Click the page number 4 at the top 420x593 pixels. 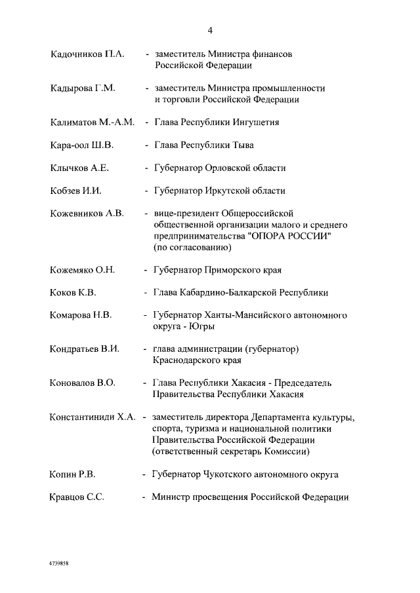(210, 30)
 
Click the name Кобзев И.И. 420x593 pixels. (75, 191)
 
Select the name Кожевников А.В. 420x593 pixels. (87, 214)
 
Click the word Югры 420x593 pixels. (201, 326)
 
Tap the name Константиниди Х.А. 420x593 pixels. (93, 417)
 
